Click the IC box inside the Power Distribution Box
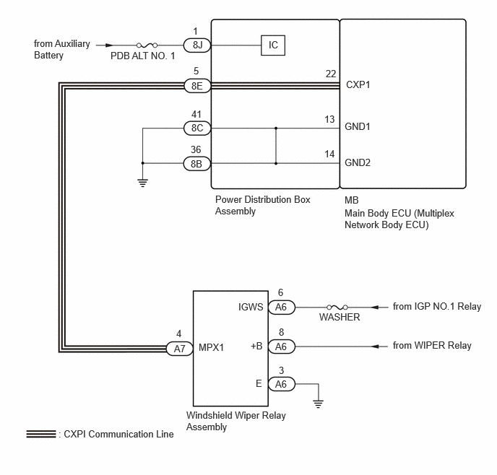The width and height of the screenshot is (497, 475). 273,45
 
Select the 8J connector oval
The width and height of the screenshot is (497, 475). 197,45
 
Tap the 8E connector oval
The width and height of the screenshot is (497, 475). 197,86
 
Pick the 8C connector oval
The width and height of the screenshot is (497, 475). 197,128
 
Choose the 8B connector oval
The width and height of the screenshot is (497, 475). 197,164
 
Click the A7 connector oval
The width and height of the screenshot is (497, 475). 179,349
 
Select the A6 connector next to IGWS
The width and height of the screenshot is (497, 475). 282,308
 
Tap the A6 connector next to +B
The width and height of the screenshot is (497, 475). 282,347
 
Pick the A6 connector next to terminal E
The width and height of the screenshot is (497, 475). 282,384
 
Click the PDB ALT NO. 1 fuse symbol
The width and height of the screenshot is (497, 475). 147,45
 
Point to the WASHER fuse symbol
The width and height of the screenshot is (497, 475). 337,307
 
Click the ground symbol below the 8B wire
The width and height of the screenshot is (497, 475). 142,183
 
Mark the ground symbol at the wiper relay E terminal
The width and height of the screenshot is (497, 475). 319,404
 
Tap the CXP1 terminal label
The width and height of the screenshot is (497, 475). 358,85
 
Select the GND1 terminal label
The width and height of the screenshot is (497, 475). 357,126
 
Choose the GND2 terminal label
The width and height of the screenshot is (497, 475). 358,162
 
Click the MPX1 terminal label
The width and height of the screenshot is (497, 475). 211,347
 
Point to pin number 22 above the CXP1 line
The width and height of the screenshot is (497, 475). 331,74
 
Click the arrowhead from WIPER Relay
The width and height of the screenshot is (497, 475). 375,347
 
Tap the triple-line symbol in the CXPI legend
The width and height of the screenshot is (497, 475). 41,434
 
